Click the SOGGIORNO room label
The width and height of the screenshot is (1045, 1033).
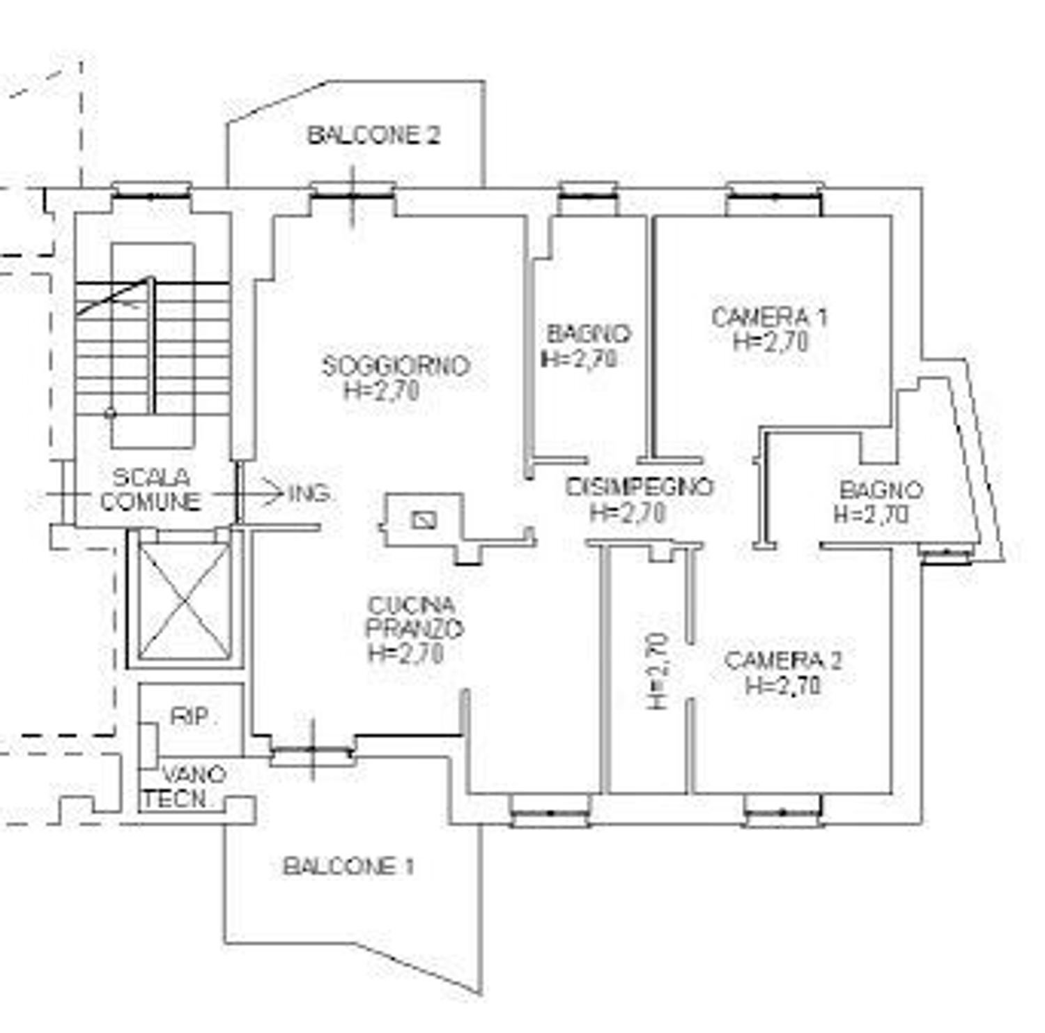396,366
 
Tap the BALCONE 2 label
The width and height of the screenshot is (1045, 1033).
374,135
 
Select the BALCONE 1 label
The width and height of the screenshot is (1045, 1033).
348,867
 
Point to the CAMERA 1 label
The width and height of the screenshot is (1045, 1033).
769,317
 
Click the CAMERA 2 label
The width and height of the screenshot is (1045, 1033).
783,660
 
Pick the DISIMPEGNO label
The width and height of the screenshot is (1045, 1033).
640,487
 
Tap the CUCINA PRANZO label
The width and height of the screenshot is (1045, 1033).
415,617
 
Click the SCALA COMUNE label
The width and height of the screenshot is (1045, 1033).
150,489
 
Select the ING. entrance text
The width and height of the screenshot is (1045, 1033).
310,493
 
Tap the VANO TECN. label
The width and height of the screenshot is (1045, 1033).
184,787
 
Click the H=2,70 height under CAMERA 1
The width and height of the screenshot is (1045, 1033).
771,342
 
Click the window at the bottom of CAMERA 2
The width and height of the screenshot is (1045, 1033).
782,812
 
